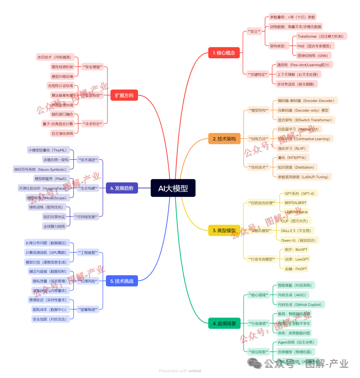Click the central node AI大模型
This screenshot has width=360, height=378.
coord(173,188)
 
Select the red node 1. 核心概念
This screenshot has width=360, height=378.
coord(224,53)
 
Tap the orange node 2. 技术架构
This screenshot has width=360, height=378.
coord(224,139)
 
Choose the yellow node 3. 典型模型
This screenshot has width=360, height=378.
coord(224,230)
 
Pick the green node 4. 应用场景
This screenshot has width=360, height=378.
coord(224,323)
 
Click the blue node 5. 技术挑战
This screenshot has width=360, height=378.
coord(122,281)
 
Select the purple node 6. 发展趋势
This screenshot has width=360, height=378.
coord(122,188)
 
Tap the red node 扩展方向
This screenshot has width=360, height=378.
coord(124,96)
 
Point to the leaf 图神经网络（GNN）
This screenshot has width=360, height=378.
coord(313,56)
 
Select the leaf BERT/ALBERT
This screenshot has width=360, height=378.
coord(295,202)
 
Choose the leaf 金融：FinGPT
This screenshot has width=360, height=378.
coord(296,269)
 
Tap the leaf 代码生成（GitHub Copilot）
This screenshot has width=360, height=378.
coord(300,304)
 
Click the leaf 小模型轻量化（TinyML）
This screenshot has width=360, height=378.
coord(49,150)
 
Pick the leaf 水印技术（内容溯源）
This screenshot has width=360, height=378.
coord(54,57)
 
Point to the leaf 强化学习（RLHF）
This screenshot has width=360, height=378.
coord(291,149)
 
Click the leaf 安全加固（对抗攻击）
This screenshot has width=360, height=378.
coord(49,319)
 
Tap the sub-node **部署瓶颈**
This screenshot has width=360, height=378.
coord(88,309)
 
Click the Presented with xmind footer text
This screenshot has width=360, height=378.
coord(180,371)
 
